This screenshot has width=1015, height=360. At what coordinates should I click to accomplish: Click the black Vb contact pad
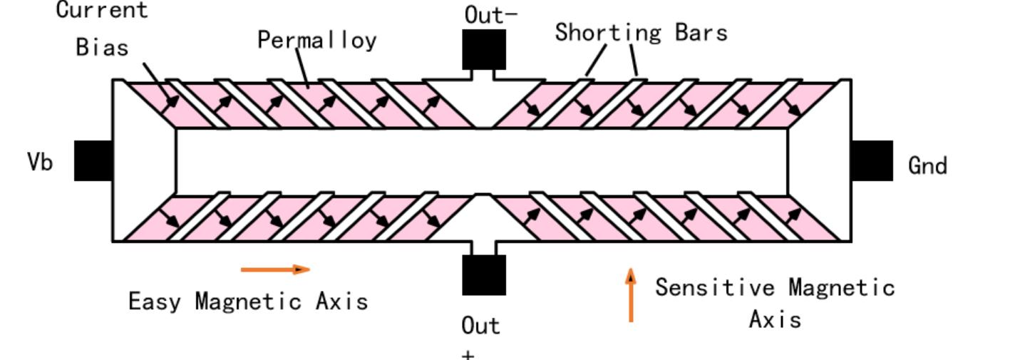[93, 160]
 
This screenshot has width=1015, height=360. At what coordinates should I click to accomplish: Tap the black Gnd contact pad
[872, 160]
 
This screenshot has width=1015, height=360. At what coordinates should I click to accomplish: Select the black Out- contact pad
[484, 49]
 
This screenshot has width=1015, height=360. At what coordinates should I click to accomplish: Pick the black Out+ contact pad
[484, 275]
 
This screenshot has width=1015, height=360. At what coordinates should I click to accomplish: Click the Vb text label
[40, 163]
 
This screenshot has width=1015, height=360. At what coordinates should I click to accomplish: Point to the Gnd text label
[927, 166]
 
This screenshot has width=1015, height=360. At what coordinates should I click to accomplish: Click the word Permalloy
[316, 40]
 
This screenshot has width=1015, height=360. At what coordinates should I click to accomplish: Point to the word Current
[102, 10]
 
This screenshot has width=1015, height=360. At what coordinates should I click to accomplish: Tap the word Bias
[102, 47]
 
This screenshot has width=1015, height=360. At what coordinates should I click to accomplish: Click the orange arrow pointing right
[275, 269]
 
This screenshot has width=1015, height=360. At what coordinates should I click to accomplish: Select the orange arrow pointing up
[631, 295]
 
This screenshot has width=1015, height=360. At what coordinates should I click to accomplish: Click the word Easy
[155, 301]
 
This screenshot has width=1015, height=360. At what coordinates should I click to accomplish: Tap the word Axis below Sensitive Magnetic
[775, 319]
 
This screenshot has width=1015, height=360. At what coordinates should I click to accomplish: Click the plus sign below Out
[468, 354]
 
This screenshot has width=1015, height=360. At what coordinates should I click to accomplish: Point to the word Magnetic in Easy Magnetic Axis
[249, 301]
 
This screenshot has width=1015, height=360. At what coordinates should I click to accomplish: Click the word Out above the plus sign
[481, 326]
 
